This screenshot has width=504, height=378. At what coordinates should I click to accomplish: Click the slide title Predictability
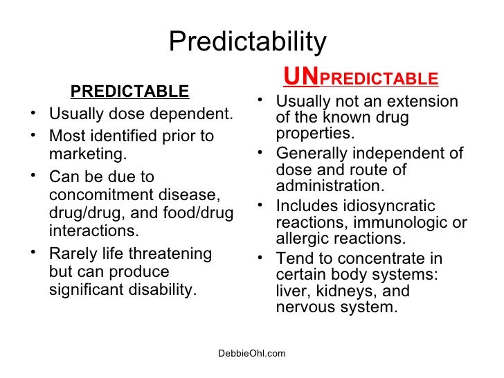[247, 42]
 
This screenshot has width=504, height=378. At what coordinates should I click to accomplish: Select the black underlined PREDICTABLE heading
[129, 91]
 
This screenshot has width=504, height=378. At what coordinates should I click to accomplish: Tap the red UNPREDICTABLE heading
[361, 77]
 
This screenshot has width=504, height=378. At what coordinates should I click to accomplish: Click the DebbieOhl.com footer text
[251, 354]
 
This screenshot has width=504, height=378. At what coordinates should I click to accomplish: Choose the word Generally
[309, 154]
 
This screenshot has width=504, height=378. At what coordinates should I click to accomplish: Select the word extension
[422, 102]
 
